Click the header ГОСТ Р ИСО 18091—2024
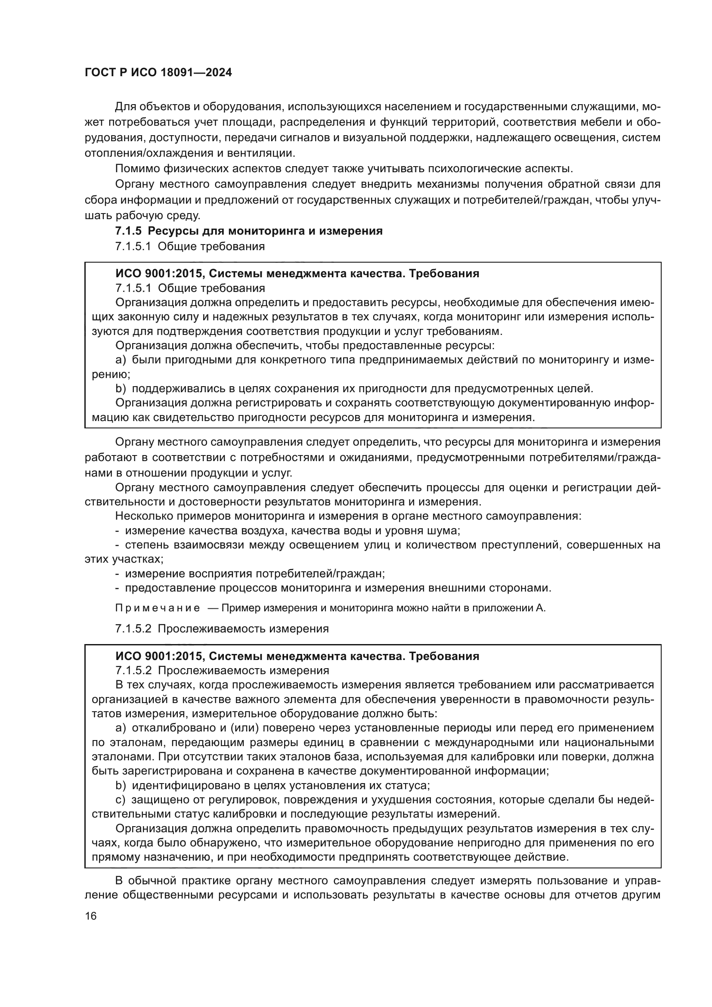(158, 73)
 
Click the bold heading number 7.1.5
(128, 231)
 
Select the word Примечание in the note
(158, 608)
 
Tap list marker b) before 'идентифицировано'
(121, 786)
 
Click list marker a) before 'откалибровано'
(121, 728)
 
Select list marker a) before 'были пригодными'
(121, 360)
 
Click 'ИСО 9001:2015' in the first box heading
(159, 274)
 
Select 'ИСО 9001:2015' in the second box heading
(159, 657)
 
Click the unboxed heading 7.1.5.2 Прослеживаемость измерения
(222, 629)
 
